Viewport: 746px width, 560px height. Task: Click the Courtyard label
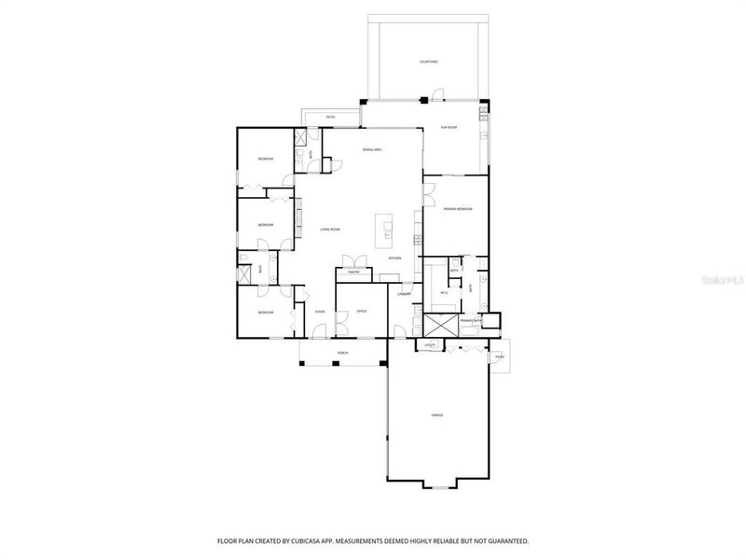(x=428, y=62)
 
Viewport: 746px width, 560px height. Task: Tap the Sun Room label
(x=449, y=127)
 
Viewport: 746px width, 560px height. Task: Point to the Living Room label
(x=330, y=229)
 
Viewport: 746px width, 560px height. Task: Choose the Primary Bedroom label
(x=457, y=209)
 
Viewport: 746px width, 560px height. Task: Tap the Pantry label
(x=354, y=273)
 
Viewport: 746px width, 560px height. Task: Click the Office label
(x=361, y=311)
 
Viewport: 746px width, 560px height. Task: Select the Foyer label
(x=319, y=311)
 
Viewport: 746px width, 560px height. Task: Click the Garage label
(x=436, y=413)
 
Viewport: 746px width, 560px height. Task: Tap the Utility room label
(x=430, y=345)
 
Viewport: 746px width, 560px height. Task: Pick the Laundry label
(x=405, y=294)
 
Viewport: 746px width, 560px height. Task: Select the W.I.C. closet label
(x=444, y=293)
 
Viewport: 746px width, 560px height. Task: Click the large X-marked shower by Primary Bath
(x=439, y=325)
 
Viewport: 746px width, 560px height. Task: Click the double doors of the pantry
(x=352, y=259)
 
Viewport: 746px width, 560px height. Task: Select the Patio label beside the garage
(x=500, y=357)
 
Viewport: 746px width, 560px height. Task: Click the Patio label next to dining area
(x=330, y=117)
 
